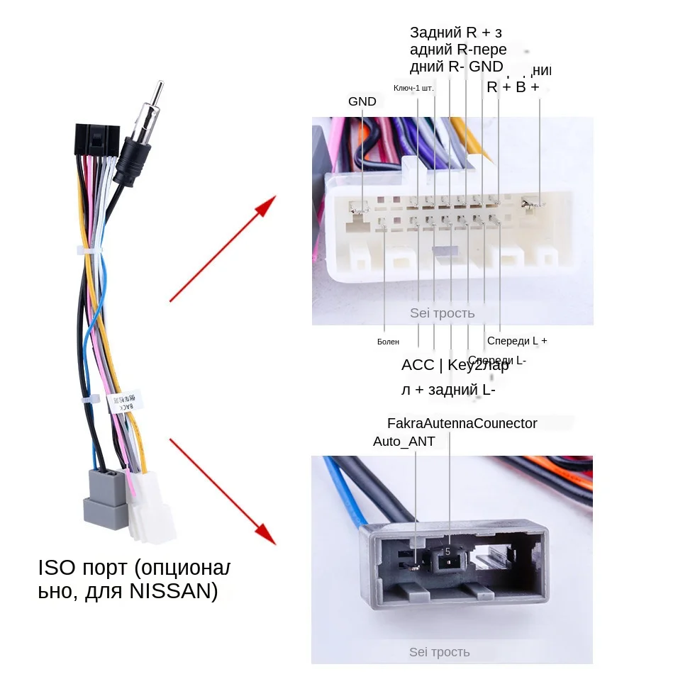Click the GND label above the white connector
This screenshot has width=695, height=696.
pos(362,101)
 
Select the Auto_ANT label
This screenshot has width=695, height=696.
pos(404,442)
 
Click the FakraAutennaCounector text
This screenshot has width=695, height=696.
pos(462,423)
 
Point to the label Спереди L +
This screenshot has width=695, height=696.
pos(517,341)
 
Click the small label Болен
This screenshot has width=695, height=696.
pos(388,342)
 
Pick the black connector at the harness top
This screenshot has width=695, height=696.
pos(97,141)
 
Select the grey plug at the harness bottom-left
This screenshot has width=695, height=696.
pos(105,498)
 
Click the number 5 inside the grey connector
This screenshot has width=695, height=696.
pos(447,551)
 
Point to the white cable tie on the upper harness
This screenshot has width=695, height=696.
pos(89,251)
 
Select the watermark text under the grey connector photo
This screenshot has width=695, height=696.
pos(439,652)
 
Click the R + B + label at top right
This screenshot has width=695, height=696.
pos(512,87)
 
